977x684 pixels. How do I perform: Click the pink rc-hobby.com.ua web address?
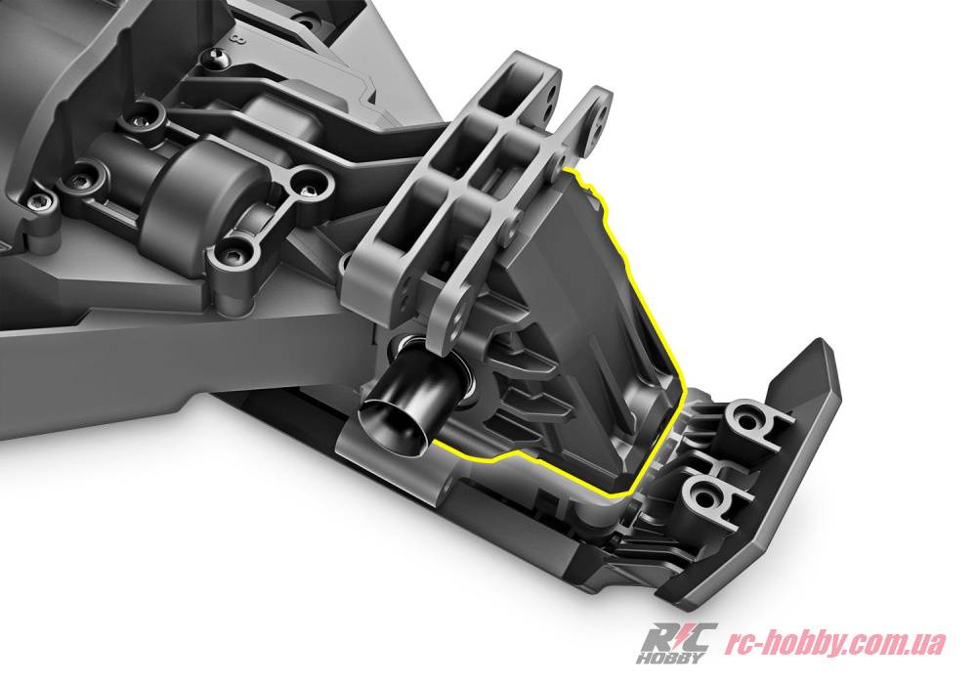(x=835, y=643)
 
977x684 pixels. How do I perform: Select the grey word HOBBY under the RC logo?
(x=672, y=658)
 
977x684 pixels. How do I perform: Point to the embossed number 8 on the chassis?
(x=236, y=40)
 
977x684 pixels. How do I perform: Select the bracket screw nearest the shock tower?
(x=307, y=189)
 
